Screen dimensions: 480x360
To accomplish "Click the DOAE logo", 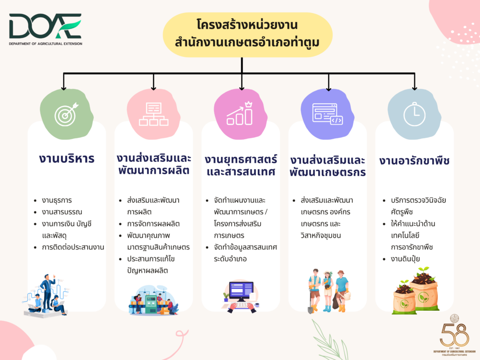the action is pyautogui.click(x=45, y=29).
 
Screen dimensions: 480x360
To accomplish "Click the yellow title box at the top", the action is pyautogui.click(x=247, y=35).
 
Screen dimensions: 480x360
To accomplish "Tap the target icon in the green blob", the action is pyautogui.click(x=66, y=114).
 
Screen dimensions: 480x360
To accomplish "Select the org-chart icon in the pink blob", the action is pyautogui.click(x=153, y=114).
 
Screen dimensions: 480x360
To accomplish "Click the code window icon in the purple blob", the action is pyautogui.click(x=327, y=114).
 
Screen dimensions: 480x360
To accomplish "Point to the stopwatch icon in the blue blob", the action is pyautogui.click(x=414, y=114).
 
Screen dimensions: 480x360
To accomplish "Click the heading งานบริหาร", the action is pyautogui.click(x=67, y=159).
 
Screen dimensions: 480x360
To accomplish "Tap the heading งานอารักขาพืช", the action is pyautogui.click(x=414, y=161).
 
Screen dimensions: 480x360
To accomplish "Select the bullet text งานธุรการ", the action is pyautogui.click(x=57, y=201).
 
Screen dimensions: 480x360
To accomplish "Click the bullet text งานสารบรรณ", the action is pyautogui.click(x=62, y=212).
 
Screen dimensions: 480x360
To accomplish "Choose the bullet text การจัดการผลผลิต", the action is pyautogui.click(x=153, y=224).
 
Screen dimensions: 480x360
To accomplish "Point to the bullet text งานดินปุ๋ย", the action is pyautogui.click(x=405, y=259).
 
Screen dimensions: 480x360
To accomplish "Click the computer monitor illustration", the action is pyautogui.click(x=241, y=291).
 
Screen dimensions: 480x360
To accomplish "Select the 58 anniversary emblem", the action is pyautogui.click(x=454, y=335).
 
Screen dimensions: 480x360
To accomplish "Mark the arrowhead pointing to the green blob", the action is pyautogui.click(x=64, y=88).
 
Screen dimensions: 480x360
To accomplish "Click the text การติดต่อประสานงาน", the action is pyautogui.click(x=73, y=247).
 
